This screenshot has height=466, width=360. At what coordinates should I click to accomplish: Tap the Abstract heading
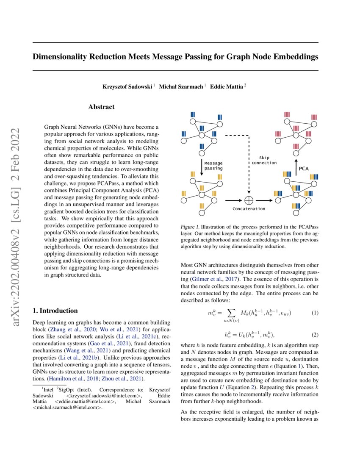click(x=101, y=107)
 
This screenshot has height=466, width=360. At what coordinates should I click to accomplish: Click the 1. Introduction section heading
click(x=55, y=311)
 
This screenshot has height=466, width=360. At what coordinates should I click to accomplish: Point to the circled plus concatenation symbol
click(x=249, y=199)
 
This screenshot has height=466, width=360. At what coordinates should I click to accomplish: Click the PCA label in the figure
click(x=304, y=168)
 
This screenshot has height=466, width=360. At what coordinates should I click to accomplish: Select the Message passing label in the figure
click(x=213, y=165)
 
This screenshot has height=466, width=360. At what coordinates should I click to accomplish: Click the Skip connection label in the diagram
click(x=264, y=160)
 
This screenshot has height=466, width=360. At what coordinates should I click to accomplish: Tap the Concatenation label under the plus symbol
click(x=249, y=208)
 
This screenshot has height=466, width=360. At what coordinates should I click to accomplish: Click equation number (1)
click(x=315, y=313)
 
